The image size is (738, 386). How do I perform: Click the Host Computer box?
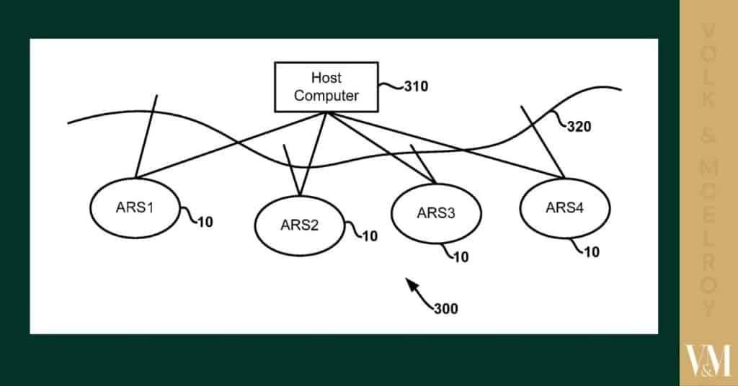[x=326, y=86]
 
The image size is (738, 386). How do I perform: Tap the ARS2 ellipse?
[x=299, y=224]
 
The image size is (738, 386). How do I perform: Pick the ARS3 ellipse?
[x=435, y=212]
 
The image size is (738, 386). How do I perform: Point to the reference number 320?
[x=578, y=127]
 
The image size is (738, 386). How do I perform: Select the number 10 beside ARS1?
[x=205, y=222]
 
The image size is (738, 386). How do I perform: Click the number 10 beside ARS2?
[x=370, y=235]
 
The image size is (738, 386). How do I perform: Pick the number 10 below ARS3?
[x=461, y=256]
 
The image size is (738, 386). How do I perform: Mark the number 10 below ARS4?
[x=591, y=252]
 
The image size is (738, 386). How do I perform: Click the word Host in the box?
[x=326, y=78]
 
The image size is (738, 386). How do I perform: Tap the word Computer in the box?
[x=326, y=96]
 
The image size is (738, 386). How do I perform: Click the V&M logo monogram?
[x=708, y=360]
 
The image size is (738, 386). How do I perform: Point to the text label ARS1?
[x=135, y=207]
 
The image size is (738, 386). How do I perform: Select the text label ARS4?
[x=564, y=207]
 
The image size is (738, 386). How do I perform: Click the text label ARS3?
[x=435, y=212]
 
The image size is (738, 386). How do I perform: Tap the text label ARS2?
[x=299, y=224]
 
